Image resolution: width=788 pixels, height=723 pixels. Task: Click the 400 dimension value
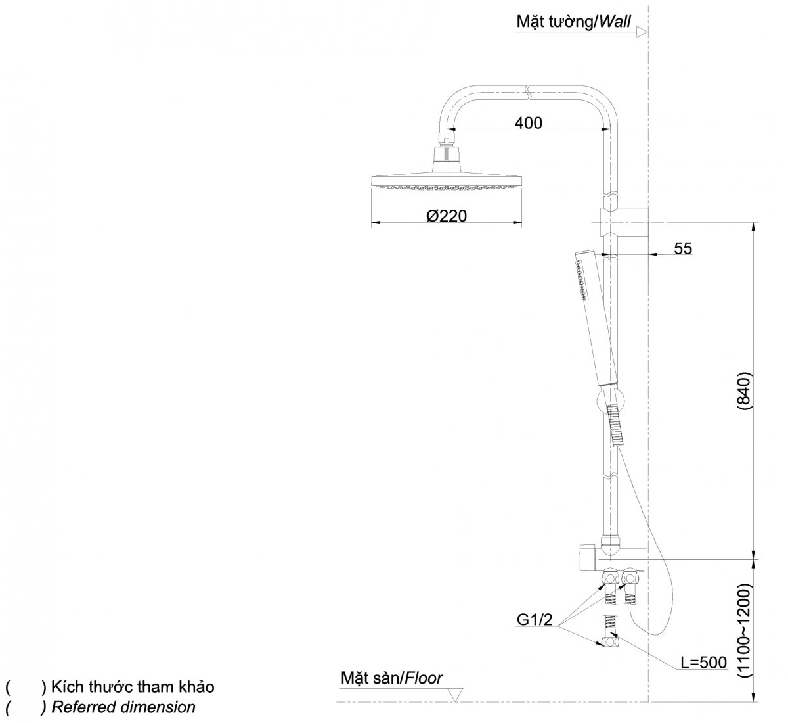point(529,123)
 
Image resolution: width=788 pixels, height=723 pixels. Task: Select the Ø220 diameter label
point(446,216)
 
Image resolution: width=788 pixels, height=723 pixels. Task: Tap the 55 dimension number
point(683,248)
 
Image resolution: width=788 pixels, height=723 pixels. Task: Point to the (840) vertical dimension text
point(743,392)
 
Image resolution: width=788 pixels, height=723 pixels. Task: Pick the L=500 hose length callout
point(704,663)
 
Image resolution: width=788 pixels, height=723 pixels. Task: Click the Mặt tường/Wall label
point(573,22)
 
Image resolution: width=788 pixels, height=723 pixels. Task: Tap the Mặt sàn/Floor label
point(391,678)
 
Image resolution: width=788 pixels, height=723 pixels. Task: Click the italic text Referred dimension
point(123,707)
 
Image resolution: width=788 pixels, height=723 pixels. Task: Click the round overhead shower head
point(447,182)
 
